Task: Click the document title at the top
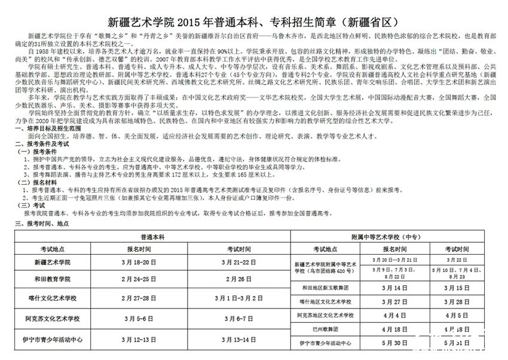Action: point(253,23)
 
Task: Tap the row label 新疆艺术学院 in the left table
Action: point(53,262)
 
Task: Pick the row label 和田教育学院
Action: point(53,279)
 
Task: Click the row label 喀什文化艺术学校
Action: point(53,297)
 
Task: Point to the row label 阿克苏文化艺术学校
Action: point(53,319)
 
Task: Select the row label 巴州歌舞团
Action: point(326,329)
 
